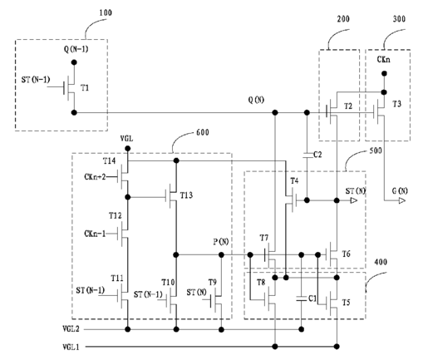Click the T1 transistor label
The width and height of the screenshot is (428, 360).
coord(85,88)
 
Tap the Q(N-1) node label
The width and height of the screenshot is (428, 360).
coord(76,49)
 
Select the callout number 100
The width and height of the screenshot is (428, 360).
coord(106,12)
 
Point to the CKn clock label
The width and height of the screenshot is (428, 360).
coord(384,59)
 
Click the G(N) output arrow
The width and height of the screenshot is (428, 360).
coord(402,200)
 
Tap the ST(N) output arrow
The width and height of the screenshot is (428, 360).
coord(354,200)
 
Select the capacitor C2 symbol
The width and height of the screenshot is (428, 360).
coord(307,155)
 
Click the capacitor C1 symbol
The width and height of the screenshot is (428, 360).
coord(302,298)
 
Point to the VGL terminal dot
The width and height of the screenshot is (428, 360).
coord(128,149)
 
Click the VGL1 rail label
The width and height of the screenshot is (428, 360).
coord(71,347)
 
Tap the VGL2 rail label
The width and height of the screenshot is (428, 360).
coord(71,329)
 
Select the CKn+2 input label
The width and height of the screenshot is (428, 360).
coord(95,176)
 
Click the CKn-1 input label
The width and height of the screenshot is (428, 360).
coord(95,234)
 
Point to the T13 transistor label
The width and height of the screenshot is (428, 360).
coord(186,195)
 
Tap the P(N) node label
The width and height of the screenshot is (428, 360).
coord(221,242)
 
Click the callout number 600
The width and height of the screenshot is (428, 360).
coord(203,132)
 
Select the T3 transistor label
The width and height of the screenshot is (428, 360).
coord(396,104)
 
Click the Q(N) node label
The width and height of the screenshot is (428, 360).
coord(256,100)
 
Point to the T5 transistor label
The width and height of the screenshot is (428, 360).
coord(346,303)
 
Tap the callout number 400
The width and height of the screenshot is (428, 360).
coord(381,262)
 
